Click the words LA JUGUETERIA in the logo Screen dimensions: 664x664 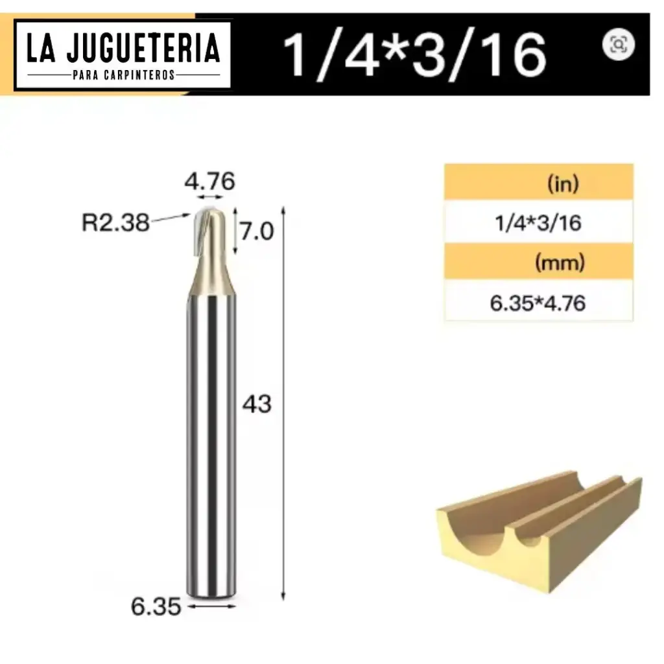coord(123,48)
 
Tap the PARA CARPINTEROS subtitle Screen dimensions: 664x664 coord(123,75)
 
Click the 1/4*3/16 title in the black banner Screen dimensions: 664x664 coord(415,54)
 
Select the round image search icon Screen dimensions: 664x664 coord(618,44)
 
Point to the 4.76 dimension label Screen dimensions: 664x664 coord(209,182)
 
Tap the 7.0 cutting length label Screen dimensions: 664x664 coord(257,231)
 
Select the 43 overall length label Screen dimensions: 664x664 coord(257,404)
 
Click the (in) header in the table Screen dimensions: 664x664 coord(562,184)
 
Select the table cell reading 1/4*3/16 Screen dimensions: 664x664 coord(538,223)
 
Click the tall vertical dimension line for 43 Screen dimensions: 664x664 coord(283,402)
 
